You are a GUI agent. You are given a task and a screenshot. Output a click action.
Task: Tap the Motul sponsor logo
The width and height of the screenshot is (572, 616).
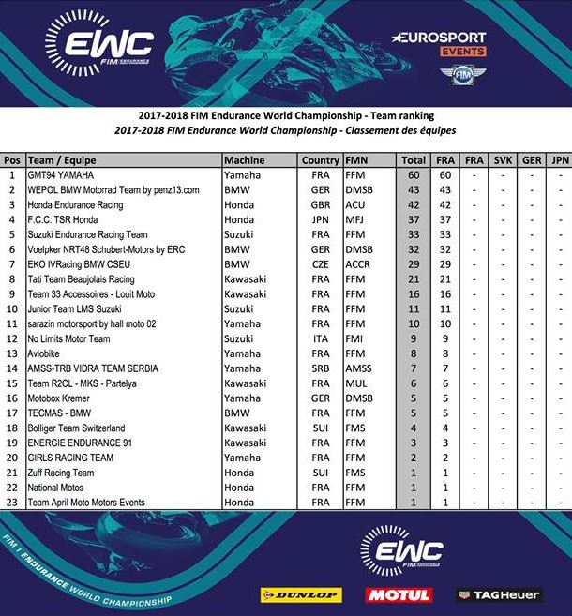tap(399, 595)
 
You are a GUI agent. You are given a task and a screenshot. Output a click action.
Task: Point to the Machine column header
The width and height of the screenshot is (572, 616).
tap(245, 160)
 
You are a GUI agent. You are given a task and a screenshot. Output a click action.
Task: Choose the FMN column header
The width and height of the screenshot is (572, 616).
tap(357, 160)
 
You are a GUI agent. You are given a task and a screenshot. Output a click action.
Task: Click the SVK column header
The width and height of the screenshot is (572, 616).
tap(504, 160)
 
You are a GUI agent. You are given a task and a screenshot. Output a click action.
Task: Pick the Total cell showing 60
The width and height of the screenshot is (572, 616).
tap(414, 175)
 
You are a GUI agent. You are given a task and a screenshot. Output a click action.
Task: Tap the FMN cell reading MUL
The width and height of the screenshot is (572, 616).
tap(354, 383)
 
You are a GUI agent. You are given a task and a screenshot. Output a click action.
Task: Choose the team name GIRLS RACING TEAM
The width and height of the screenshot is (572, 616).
tap(70, 458)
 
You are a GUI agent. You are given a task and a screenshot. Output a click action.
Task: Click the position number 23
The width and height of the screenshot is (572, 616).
tap(12, 503)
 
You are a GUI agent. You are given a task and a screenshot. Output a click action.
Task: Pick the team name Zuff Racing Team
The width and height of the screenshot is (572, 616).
tap(61, 473)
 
